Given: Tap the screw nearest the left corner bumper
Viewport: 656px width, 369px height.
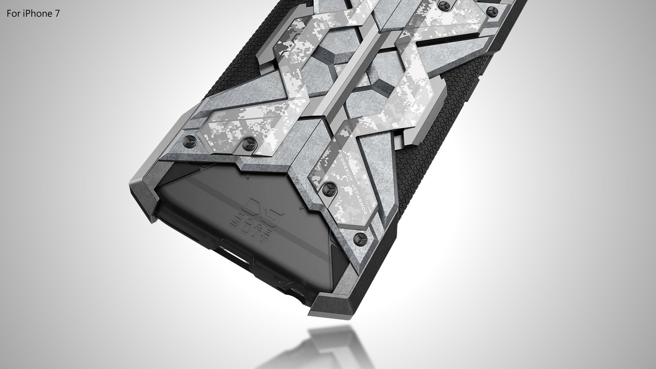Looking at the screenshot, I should click(190, 139).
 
